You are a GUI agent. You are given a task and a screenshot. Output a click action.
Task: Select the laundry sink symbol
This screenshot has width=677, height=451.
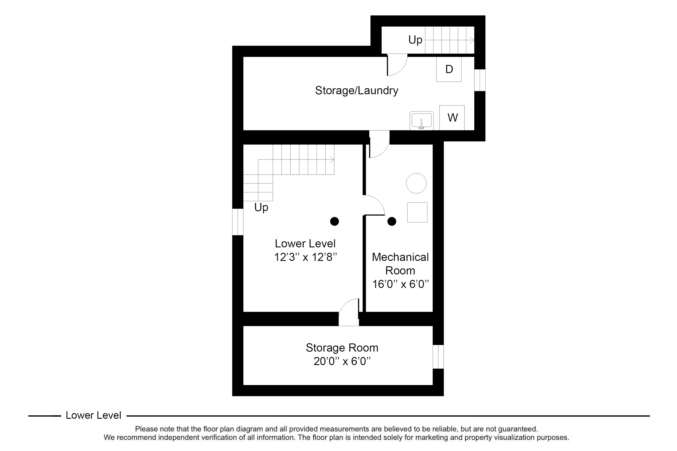coord(421,121)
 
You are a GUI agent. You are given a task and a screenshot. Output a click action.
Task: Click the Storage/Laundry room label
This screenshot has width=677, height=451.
coord(356,91)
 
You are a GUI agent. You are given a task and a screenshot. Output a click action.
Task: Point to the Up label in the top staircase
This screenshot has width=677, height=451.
coord(415,40)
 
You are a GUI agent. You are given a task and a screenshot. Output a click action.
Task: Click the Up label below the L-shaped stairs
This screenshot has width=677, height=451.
coord(261,207)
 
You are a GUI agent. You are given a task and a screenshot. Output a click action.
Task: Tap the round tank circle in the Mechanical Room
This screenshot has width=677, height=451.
coord(416,183)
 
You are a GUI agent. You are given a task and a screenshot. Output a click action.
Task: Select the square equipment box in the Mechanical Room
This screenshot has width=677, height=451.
coord(417,213)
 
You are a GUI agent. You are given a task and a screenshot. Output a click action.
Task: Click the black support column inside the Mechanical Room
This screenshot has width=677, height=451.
coord(392,221)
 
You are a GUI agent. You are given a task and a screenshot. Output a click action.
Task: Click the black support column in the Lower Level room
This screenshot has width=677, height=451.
coord(334,221)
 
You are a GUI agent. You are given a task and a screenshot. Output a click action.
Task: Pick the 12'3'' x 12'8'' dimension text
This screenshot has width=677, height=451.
coord(305,257)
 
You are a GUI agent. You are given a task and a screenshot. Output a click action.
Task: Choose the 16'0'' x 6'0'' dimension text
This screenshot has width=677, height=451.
coord(400,284)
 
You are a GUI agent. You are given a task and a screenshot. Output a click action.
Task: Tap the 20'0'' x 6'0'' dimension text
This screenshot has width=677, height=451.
coord(342,361)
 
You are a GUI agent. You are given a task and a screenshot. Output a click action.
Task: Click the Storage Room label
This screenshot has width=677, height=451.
coord(342,348)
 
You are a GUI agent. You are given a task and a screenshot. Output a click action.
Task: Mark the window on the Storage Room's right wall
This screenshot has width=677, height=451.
coord(438,357)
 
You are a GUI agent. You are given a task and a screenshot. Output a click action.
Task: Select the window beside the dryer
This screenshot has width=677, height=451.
coord(480,80)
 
